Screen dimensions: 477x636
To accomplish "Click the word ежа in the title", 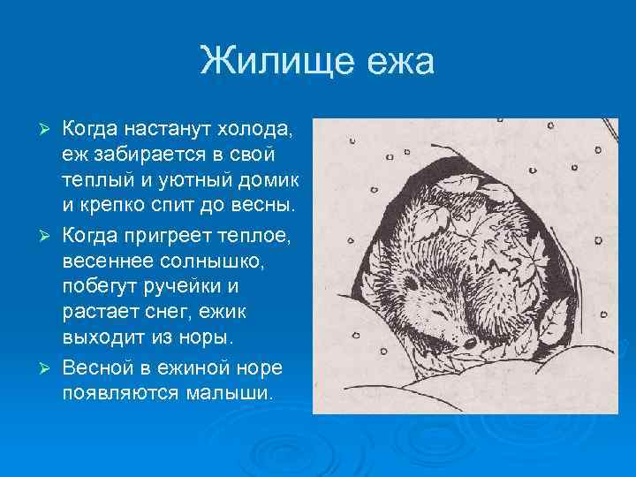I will pyautogui.click(x=395, y=63).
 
